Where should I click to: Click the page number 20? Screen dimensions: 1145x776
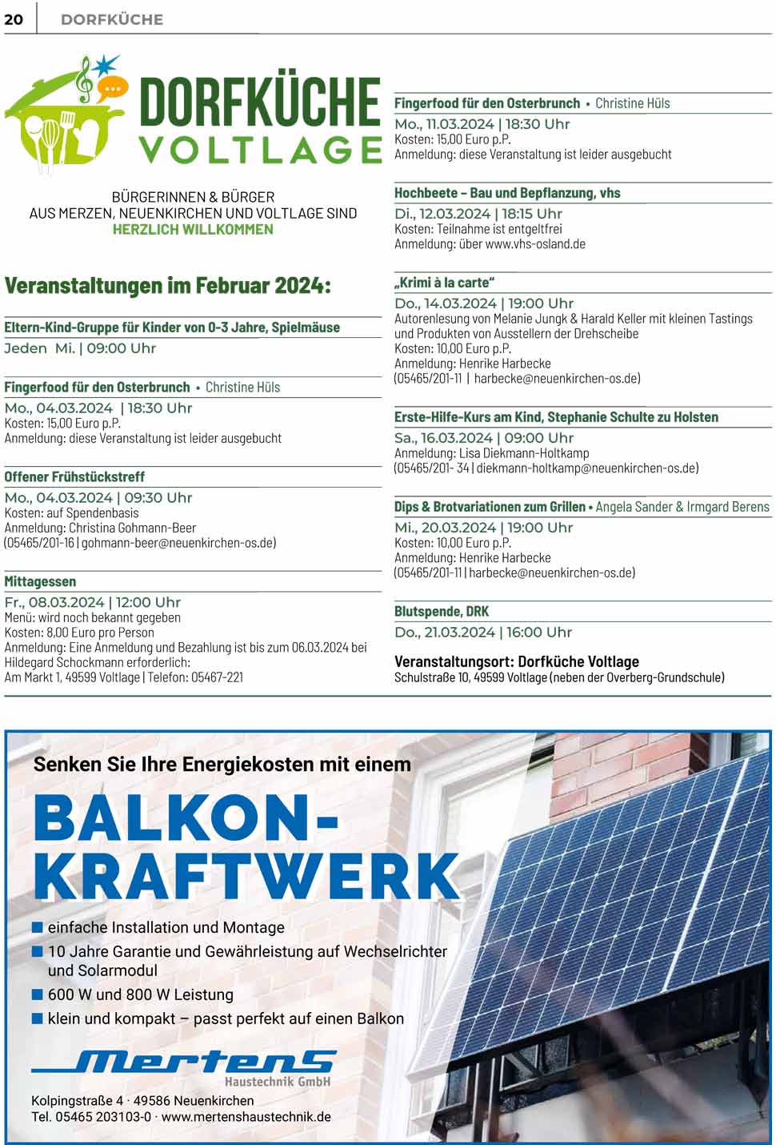(x=14, y=19)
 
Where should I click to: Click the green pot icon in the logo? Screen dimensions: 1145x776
(x=60, y=132)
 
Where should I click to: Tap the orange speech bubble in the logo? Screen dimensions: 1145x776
(x=113, y=87)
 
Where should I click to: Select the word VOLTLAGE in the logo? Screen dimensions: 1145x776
(x=260, y=150)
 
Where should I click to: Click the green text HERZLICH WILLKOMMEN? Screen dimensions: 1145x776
(x=193, y=230)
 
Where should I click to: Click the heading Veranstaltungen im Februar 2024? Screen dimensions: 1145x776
(x=167, y=286)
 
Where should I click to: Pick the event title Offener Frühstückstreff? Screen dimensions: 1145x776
(x=74, y=477)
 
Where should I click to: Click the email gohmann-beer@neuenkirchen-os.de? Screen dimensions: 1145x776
(x=178, y=543)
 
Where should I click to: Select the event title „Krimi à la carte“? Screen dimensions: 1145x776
(x=444, y=283)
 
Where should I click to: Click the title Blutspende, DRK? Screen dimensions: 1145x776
(x=442, y=612)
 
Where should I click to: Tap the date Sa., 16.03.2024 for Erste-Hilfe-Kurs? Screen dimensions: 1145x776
(x=443, y=438)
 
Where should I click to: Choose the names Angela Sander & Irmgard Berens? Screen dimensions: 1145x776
(x=682, y=507)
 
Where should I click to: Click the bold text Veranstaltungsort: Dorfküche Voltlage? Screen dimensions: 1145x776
(x=516, y=661)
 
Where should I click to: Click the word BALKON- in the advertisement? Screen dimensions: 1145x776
(x=186, y=818)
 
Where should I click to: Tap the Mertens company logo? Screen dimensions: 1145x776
(x=185, y=1065)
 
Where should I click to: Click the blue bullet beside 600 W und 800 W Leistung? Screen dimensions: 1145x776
(x=37, y=994)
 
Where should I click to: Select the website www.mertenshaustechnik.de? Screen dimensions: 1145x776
(x=246, y=1117)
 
